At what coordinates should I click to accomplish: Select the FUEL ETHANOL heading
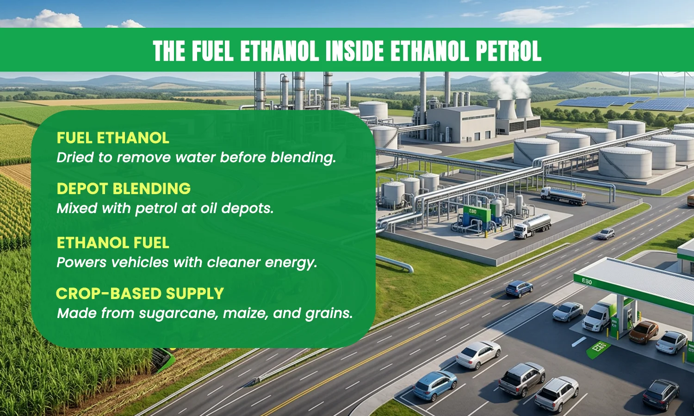click(113, 138)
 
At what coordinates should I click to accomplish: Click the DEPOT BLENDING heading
click(124, 188)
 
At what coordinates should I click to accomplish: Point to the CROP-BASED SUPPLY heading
click(140, 294)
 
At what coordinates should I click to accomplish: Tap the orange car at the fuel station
click(644, 332)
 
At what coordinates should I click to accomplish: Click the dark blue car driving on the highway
click(519, 289)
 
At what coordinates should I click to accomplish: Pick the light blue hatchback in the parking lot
click(435, 385)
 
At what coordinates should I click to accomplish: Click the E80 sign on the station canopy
click(587, 281)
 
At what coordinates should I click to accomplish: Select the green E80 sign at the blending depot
click(473, 212)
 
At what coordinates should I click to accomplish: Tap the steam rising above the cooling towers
click(508, 85)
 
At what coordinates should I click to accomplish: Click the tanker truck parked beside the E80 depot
click(532, 226)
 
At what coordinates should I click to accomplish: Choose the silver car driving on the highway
click(606, 234)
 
